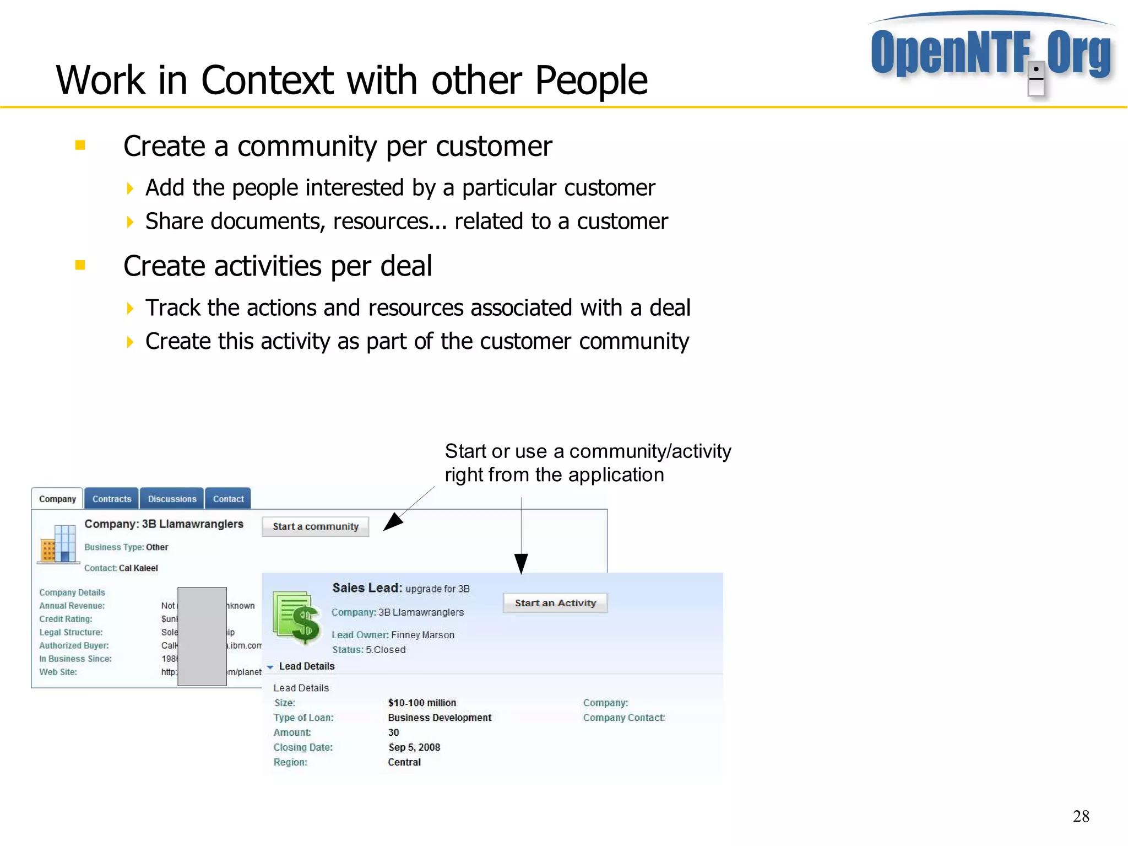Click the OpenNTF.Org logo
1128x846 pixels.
pyautogui.click(x=991, y=52)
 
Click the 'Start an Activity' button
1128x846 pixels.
pyautogui.click(x=555, y=603)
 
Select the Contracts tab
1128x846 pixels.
pyautogui.click(x=112, y=499)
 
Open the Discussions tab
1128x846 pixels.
pyautogui.click(x=172, y=499)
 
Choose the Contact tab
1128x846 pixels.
pyautogui.click(x=228, y=499)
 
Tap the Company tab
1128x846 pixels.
pyautogui.click(x=57, y=499)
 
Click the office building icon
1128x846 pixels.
pyautogui.click(x=57, y=544)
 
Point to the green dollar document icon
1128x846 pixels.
pyautogui.click(x=297, y=617)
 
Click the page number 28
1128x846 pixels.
pyautogui.click(x=1081, y=816)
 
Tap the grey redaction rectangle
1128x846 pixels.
pyautogui.click(x=202, y=636)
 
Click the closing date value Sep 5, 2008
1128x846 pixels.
pyautogui.click(x=414, y=747)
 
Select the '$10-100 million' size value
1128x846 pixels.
pyautogui.click(x=422, y=703)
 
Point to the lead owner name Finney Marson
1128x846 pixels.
pyautogui.click(x=422, y=635)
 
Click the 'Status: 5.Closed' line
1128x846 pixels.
pyautogui.click(x=369, y=650)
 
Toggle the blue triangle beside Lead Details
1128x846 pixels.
pyautogui.click(x=270, y=667)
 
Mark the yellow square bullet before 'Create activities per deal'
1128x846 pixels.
pyautogui.click(x=80, y=265)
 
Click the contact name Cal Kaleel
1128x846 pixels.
pyautogui.click(x=138, y=568)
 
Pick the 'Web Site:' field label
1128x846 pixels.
pyautogui.click(x=58, y=672)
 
